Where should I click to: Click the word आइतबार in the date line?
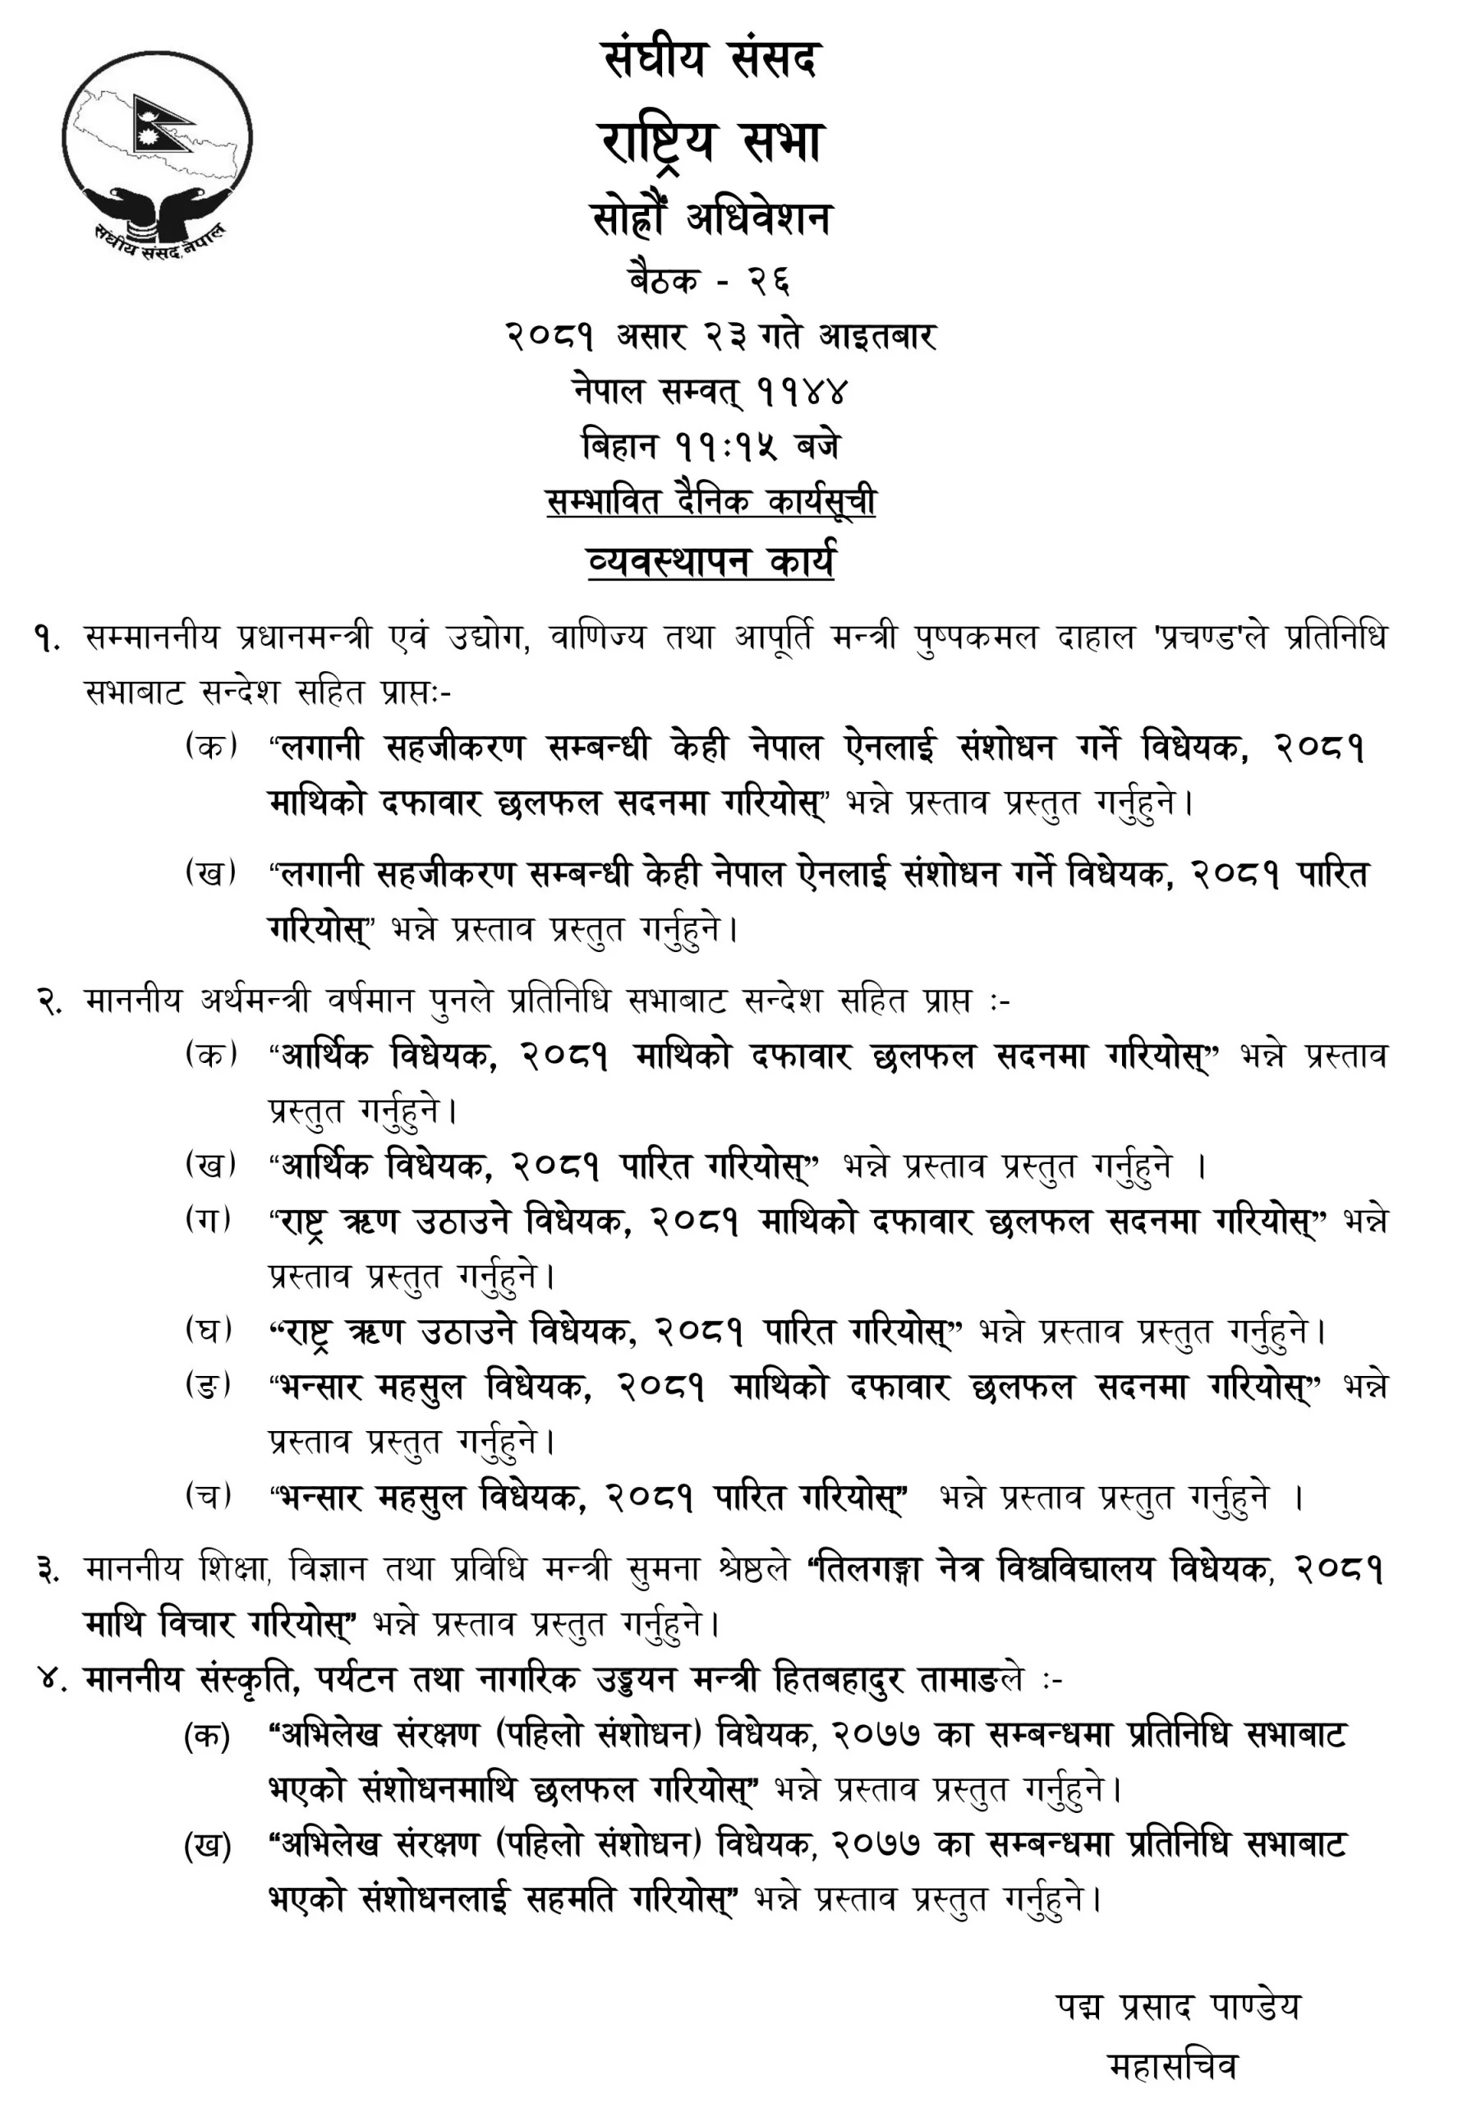tap(877, 336)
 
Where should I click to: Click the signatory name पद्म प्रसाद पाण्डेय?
tap(1178, 2007)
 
